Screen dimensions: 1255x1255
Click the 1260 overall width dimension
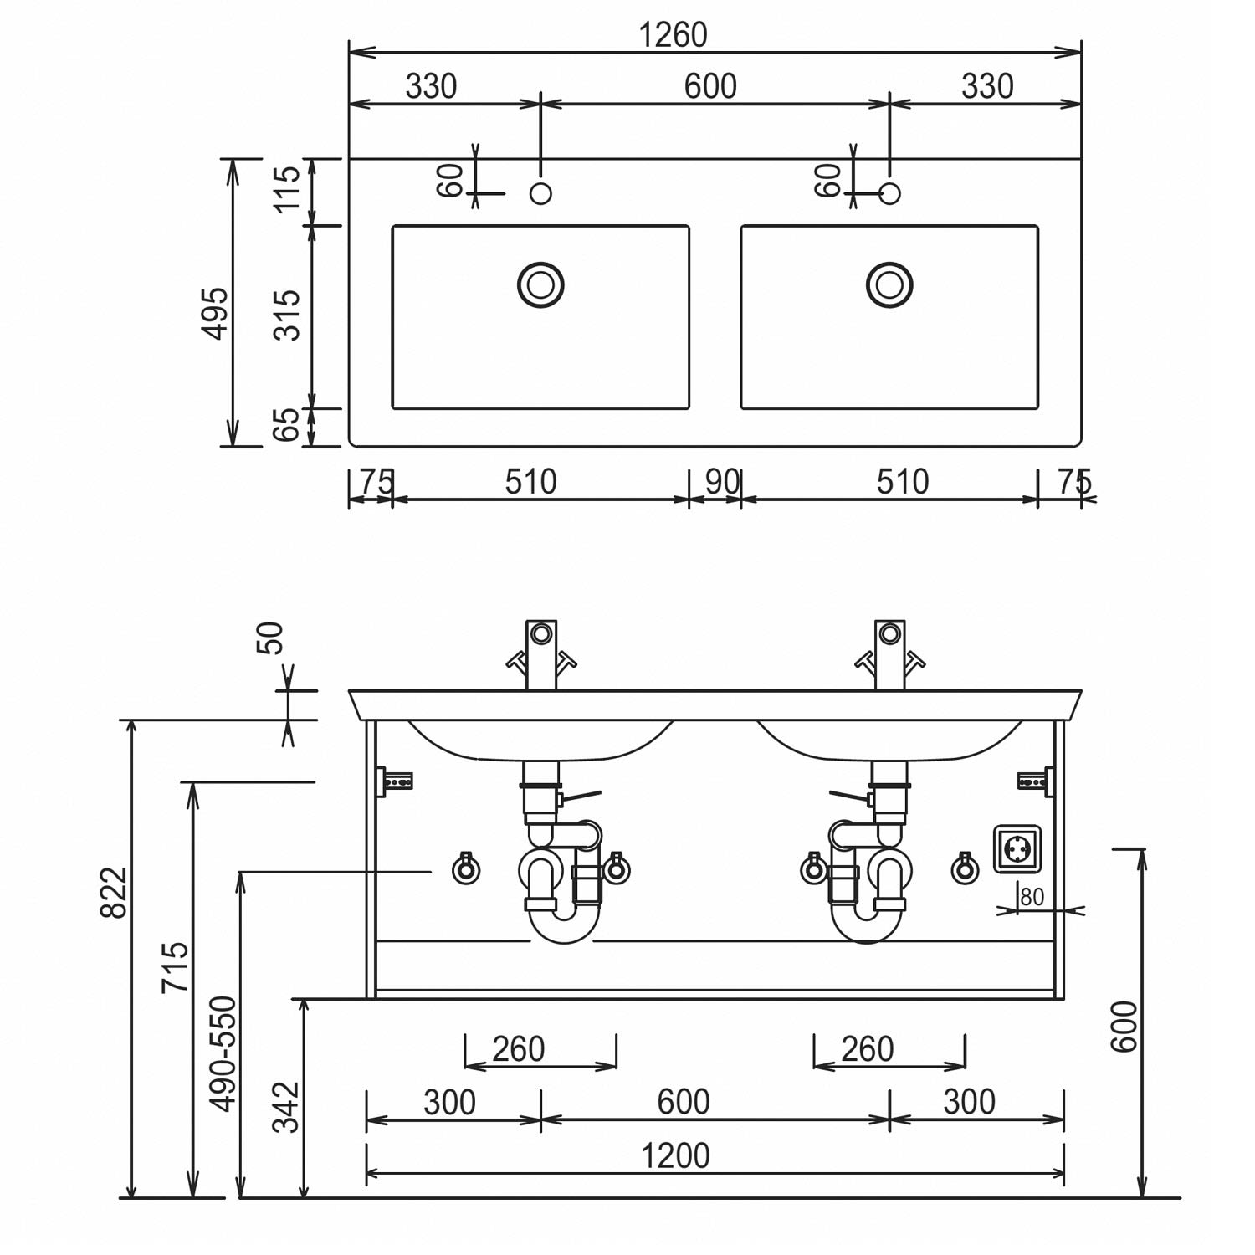(673, 35)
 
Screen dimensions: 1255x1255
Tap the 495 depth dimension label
(215, 314)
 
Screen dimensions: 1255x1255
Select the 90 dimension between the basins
(722, 482)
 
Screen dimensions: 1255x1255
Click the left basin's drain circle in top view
(540, 284)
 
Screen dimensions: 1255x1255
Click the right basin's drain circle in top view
(889, 284)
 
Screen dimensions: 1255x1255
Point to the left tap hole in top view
(540, 193)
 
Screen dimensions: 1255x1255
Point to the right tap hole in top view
(890, 193)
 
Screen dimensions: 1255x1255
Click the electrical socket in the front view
(1017, 850)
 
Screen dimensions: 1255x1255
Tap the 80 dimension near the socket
(1032, 897)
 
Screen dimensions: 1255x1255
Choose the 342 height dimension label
(287, 1107)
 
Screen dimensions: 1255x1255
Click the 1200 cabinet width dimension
(675, 1156)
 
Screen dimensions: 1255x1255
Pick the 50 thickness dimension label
(273, 638)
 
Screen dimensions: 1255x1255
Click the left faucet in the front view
(540, 654)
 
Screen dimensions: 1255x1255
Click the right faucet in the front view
(889, 654)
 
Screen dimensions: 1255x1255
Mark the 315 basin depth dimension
(287, 315)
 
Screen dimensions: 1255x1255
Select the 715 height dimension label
(176, 968)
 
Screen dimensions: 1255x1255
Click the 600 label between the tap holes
(710, 86)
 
